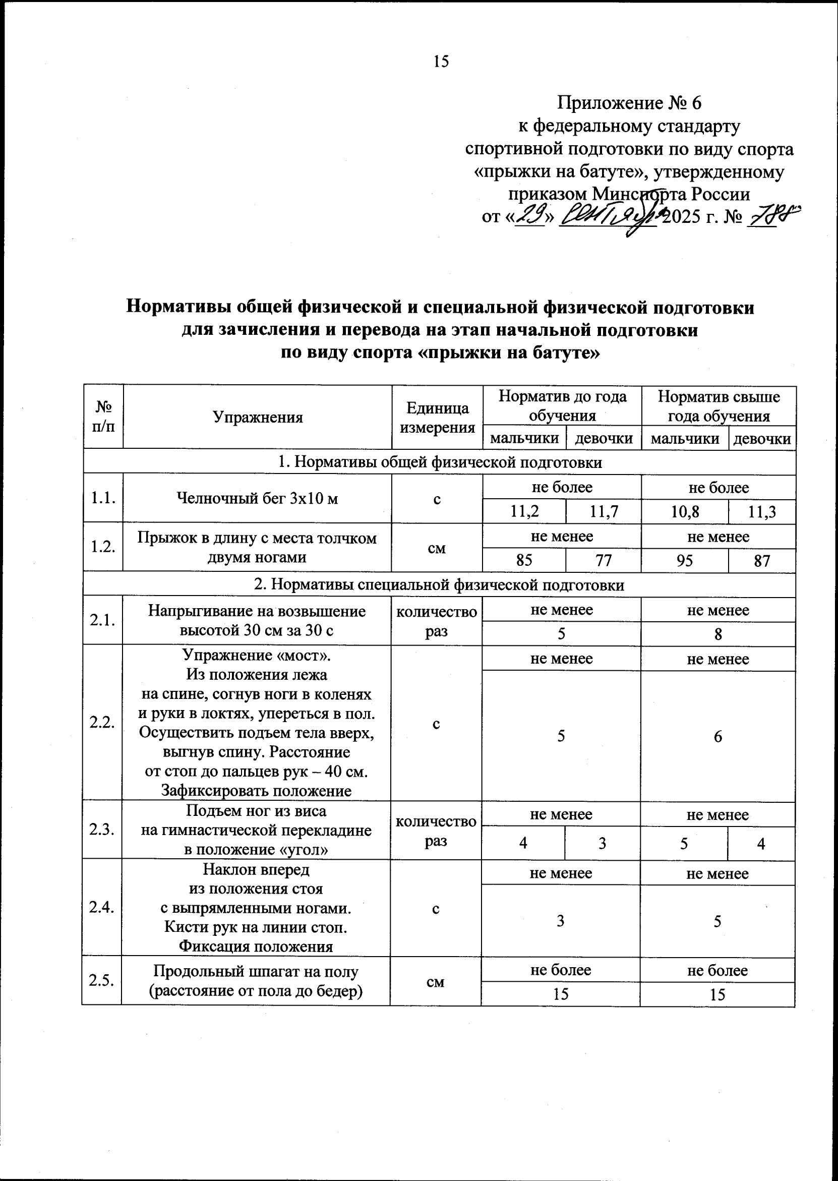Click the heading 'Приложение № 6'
(630, 104)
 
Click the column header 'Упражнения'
(258, 417)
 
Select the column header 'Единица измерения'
(438, 418)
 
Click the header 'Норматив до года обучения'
(563, 405)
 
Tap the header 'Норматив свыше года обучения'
(719, 405)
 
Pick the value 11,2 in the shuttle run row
(524, 512)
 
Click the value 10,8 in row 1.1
(685, 512)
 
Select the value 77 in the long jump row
(603, 560)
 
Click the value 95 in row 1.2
(685, 560)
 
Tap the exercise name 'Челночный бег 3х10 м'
(258, 498)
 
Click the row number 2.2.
(102, 723)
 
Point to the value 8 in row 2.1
(718, 634)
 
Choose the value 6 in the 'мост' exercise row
(718, 737)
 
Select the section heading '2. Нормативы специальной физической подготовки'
(440, 584)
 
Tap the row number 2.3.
(102, 830)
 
